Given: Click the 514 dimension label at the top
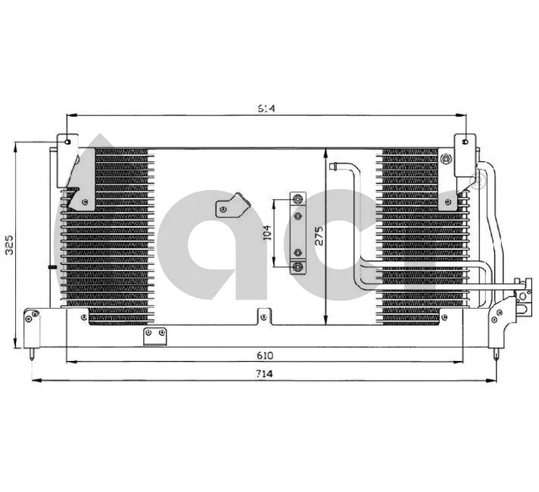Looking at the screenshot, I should [265, 109].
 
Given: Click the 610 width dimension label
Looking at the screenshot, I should [264, 354].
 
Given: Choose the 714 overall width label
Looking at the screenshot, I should [264, 374].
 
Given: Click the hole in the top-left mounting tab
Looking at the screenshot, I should [67, 142].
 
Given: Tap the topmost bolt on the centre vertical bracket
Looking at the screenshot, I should [298, 200].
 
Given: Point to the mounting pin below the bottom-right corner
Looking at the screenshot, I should [496, 351].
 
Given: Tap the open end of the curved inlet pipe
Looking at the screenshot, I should [334, 163].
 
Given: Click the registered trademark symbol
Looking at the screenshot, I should [478, 180].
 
